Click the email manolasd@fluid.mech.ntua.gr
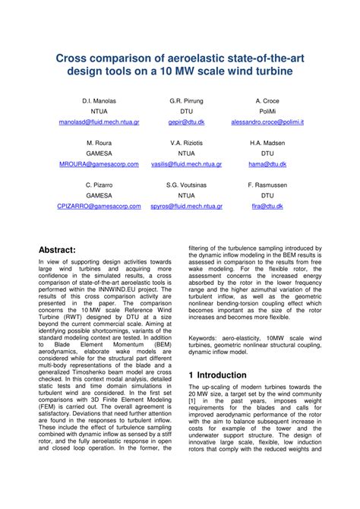click(99, 122)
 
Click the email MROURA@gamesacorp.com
click(99, 164)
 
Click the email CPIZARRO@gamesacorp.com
click(99, 206)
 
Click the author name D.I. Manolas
click(99, 101)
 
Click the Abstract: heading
click(68, 250)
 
